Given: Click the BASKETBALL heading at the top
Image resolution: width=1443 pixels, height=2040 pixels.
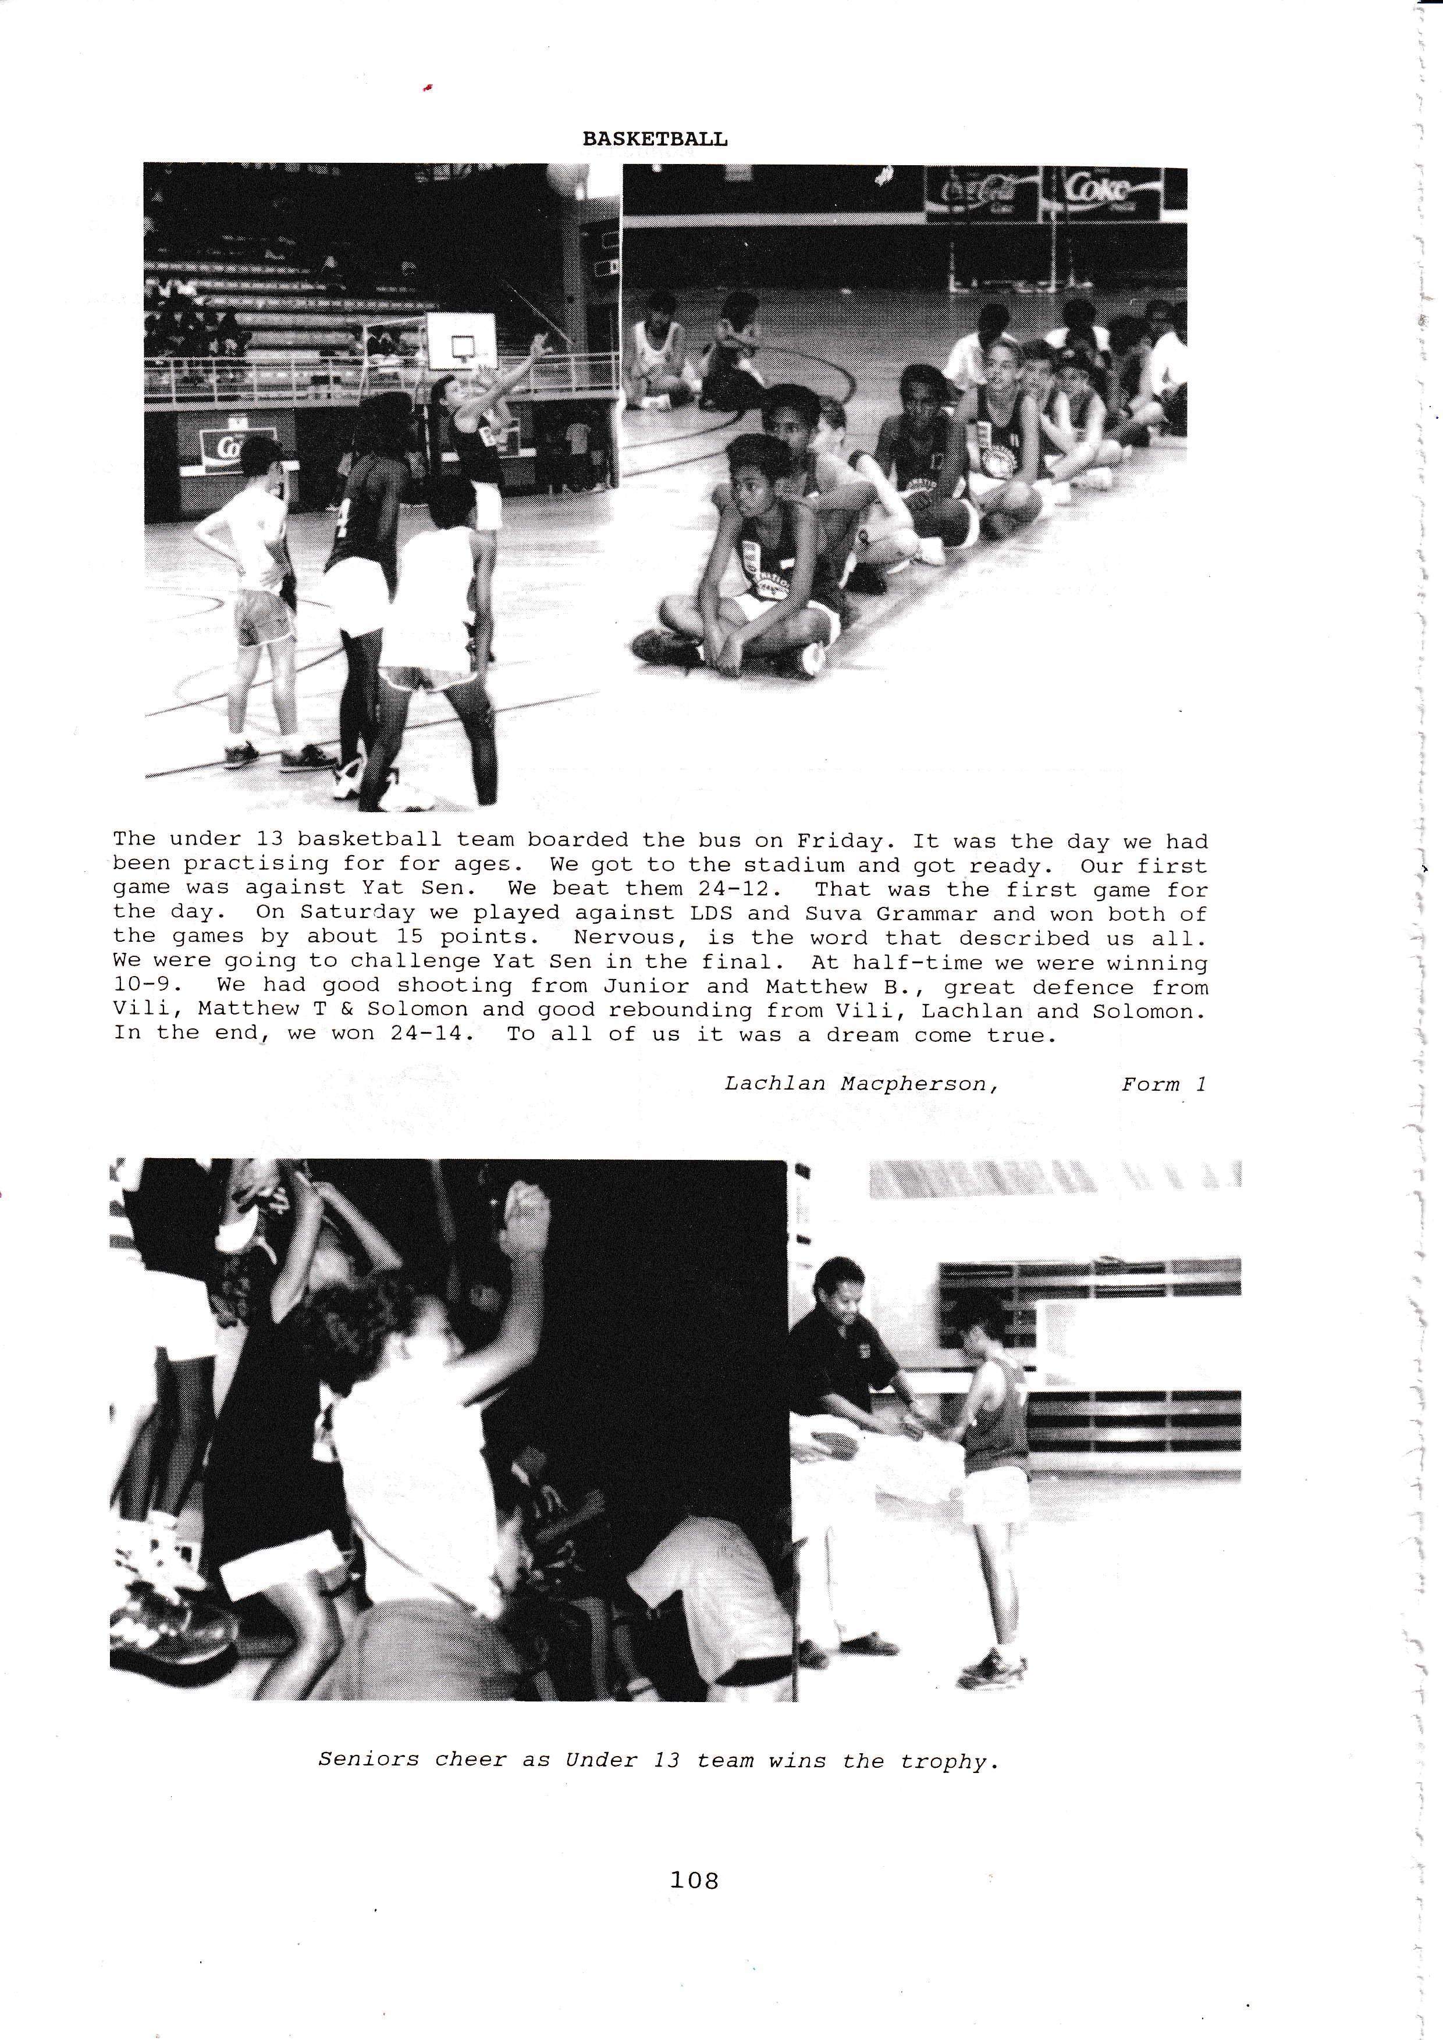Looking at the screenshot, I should coord(655,140).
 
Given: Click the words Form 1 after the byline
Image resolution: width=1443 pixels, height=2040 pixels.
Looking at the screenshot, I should coord(1164,1084).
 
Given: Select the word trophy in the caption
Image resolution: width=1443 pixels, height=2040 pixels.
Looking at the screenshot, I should coord(948,1761).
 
